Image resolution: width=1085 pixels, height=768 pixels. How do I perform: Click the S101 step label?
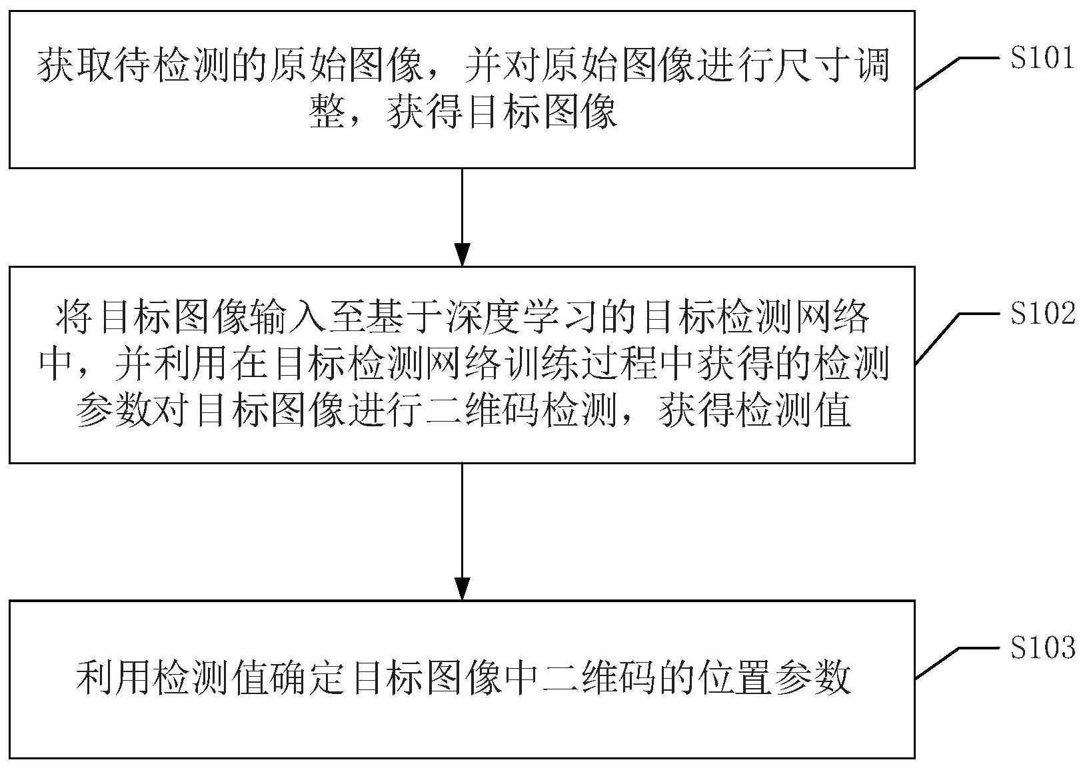tap(1042, 59)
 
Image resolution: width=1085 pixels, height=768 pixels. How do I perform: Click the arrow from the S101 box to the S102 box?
tap(462, 217)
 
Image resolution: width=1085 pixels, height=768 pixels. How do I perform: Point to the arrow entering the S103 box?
tap(462, 532)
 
